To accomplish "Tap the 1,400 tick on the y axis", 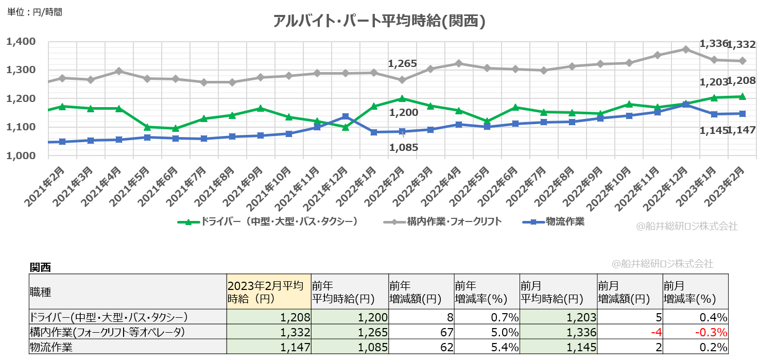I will (20, 41).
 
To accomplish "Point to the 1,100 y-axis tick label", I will (20, 127).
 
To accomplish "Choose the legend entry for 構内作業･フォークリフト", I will (443, 222).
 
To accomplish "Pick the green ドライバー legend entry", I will (268, 222).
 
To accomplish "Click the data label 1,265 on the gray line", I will (402, 64).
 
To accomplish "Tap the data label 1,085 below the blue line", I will (403, 147).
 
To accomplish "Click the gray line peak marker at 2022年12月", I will (685, 49).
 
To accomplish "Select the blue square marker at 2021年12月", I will (346, 116).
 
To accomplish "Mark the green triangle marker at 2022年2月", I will (402, 98).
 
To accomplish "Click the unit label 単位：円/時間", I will (35, 12).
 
